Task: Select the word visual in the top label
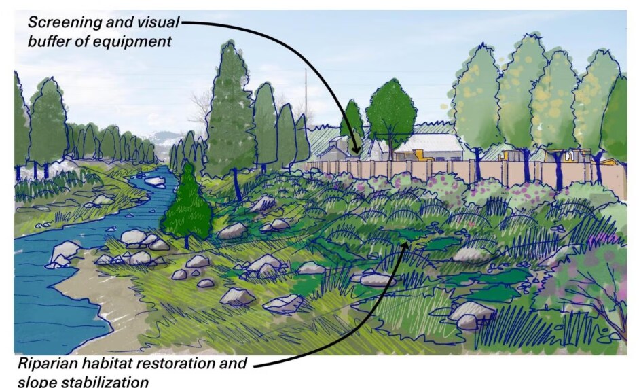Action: [158, 22]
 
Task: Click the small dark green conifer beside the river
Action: [187, 206]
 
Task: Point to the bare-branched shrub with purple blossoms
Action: [587, 285]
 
